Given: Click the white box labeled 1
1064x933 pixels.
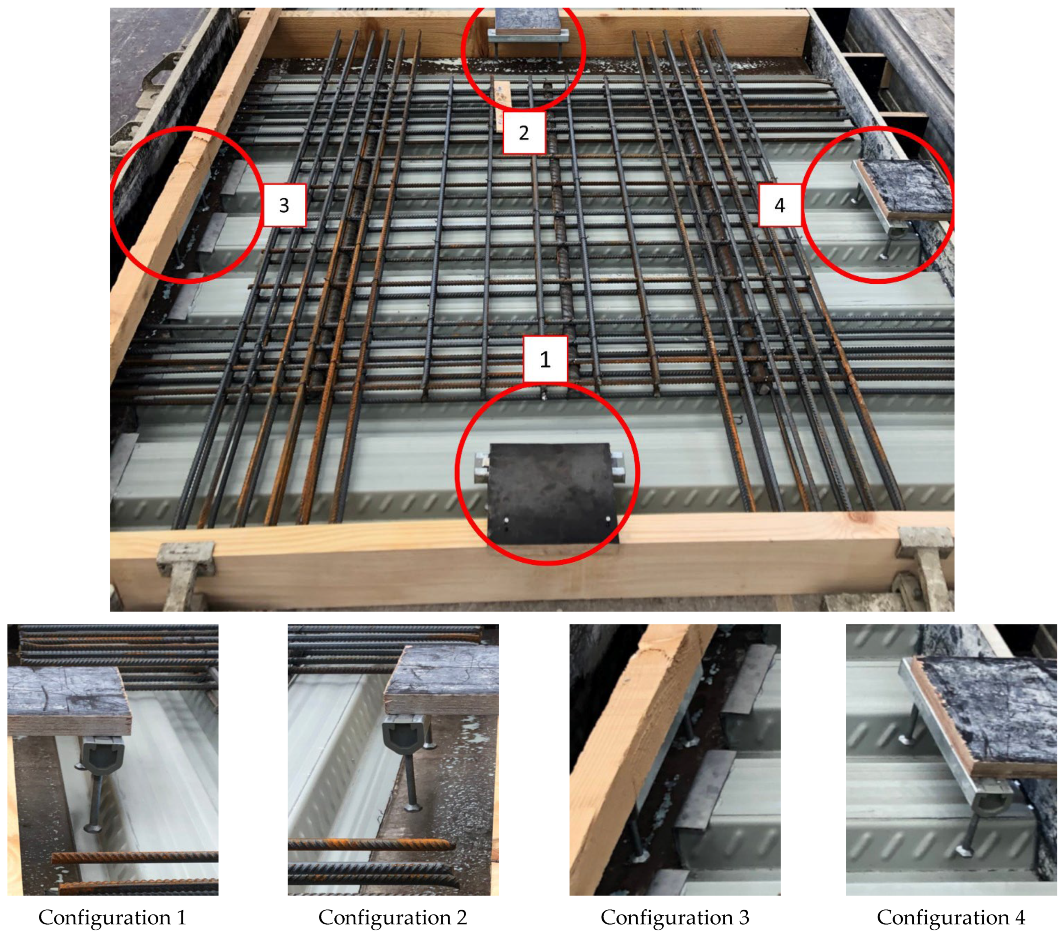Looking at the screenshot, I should (x=544, y=359).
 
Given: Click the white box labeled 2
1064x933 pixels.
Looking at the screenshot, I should (x=524, y=133).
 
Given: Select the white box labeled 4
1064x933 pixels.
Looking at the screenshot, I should (x=779, y=205).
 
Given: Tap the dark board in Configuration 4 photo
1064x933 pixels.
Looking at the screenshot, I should (x=989, y=713).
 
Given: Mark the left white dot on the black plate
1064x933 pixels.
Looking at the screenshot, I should (x=506, y=520).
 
